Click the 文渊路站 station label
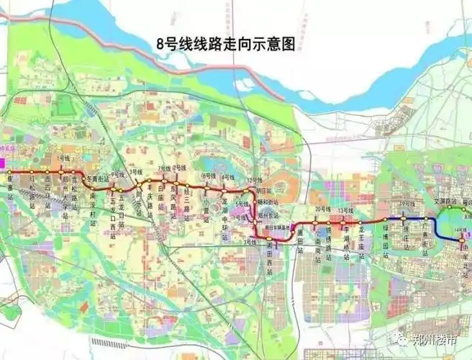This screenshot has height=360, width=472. pyautogui.click(x=446, y=202)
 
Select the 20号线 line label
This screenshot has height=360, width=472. pyautogui.click(x=321, y=209)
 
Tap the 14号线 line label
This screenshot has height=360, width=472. pyautogui.click(x=460, y=229)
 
